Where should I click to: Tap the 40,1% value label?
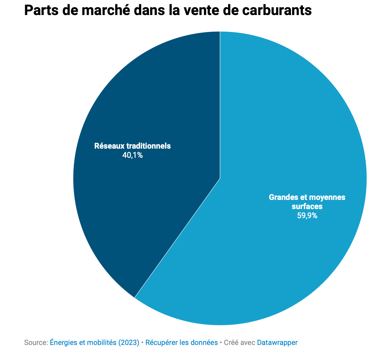coord(133,155)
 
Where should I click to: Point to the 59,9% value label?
coord(307,216)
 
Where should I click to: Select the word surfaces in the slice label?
coord(307,206)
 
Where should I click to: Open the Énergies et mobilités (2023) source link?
coord(95,343)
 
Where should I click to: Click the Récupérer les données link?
coord(181,343)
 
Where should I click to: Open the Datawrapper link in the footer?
coord(277,343)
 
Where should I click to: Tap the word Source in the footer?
coord(35,343)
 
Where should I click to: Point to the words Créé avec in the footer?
coord(240,343)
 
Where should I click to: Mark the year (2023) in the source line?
coord(129,343)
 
